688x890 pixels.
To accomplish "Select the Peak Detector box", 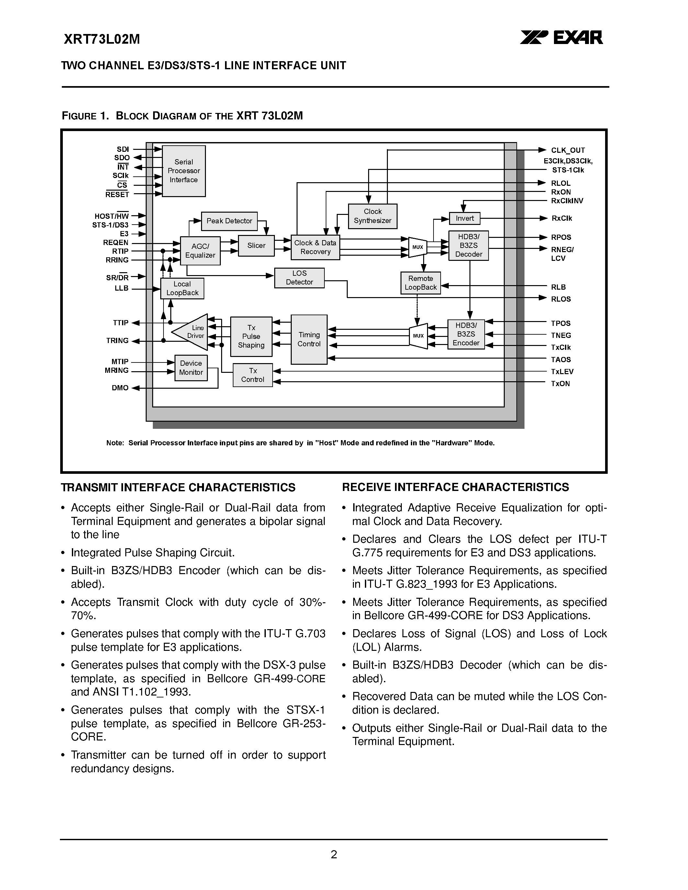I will (229, 221).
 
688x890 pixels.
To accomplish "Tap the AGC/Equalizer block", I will (200, 250).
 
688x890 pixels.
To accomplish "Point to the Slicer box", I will (256, 245).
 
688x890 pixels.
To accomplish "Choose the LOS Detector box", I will (299, 277).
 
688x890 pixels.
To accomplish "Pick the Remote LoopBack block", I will (420, 283).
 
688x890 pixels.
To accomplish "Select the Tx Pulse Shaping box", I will (251, 336).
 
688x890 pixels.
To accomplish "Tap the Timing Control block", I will (309, 339).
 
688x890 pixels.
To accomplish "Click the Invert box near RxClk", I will (464, 218).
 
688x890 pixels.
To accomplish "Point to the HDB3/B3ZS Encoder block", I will (466, 334).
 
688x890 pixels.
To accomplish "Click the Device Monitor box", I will (191, 368).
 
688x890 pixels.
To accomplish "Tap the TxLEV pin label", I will (562, 372).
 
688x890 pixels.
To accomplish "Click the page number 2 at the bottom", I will (334, 854).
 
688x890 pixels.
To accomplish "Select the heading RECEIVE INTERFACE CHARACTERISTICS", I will (455, 487).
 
